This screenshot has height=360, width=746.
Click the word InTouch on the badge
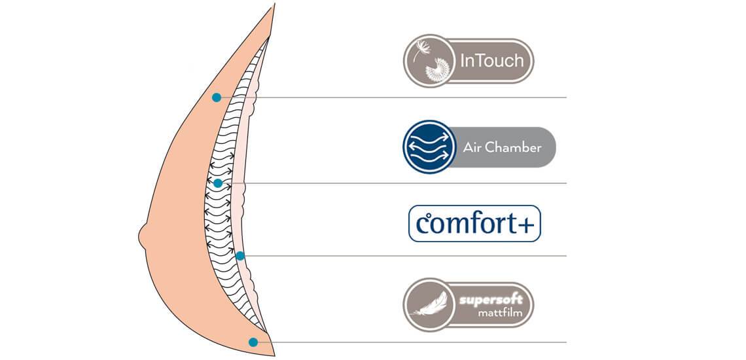(492, 62)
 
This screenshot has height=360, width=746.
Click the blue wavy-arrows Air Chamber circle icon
(428, 147)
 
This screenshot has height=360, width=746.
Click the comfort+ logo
(474, 224)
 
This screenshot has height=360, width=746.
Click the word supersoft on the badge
(490, 298)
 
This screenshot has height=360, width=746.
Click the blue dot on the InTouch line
(216, 98)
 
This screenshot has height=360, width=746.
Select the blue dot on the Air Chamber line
(218, 183)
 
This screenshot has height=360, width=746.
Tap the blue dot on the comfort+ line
(240, 256)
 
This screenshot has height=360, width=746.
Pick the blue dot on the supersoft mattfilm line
(253, 342)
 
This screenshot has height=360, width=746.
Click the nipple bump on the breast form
(144, 233)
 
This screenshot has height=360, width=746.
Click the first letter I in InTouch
(464, 62)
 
